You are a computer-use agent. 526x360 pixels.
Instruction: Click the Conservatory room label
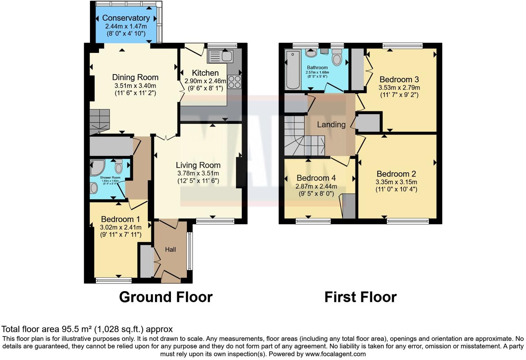(126, 18)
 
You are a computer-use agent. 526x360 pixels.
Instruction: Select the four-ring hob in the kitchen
(234, 82)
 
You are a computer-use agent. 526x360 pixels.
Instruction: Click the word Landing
(331, 125)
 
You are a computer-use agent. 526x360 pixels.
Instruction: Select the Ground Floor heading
(165, 297)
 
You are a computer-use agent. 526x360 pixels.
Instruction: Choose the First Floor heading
(360, 297)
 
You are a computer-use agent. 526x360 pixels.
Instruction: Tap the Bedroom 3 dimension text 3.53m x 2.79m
(399, 88)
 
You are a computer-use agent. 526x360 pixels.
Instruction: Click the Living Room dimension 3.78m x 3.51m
(198, 173)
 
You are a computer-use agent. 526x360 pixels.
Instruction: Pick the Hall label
(170, 250)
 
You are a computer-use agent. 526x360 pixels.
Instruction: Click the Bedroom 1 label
(120, 219)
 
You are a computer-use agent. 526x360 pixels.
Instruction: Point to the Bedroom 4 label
(316, 178)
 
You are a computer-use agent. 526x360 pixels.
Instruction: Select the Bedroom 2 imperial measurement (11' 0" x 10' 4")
(396, 189)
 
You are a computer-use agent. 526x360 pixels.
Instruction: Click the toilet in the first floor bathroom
(337, 57)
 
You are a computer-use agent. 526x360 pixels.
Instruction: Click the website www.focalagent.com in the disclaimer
(335, 354)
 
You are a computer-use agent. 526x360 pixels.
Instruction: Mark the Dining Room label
(135, 78)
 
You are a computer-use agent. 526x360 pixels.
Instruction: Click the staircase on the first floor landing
(303, 137)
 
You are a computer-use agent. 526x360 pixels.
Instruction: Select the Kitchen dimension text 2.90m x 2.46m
(205, 81)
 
